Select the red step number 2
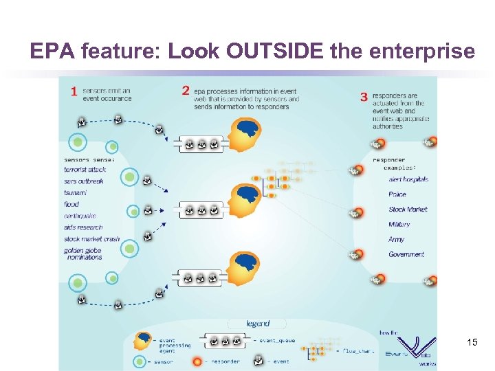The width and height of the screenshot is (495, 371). coord(185,91)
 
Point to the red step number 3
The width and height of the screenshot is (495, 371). coord(364,97)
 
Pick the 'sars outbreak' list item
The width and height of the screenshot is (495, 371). coord(84,181)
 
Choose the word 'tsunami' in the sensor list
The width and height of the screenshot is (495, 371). coord(75,192)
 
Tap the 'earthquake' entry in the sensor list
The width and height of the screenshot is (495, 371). coord(80,216)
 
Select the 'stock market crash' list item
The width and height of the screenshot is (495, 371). coord(91,239)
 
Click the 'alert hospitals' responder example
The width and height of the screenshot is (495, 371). coord(408,179)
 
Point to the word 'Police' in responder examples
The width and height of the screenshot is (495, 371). coord(397,194)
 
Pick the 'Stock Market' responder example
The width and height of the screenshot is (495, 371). coord(408,210)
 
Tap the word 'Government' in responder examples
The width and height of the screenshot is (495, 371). coord(406,254)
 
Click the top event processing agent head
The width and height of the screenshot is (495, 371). coord(243,135)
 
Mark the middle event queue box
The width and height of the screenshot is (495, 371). coord(201,211)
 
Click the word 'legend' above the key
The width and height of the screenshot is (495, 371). coord(258,323)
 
